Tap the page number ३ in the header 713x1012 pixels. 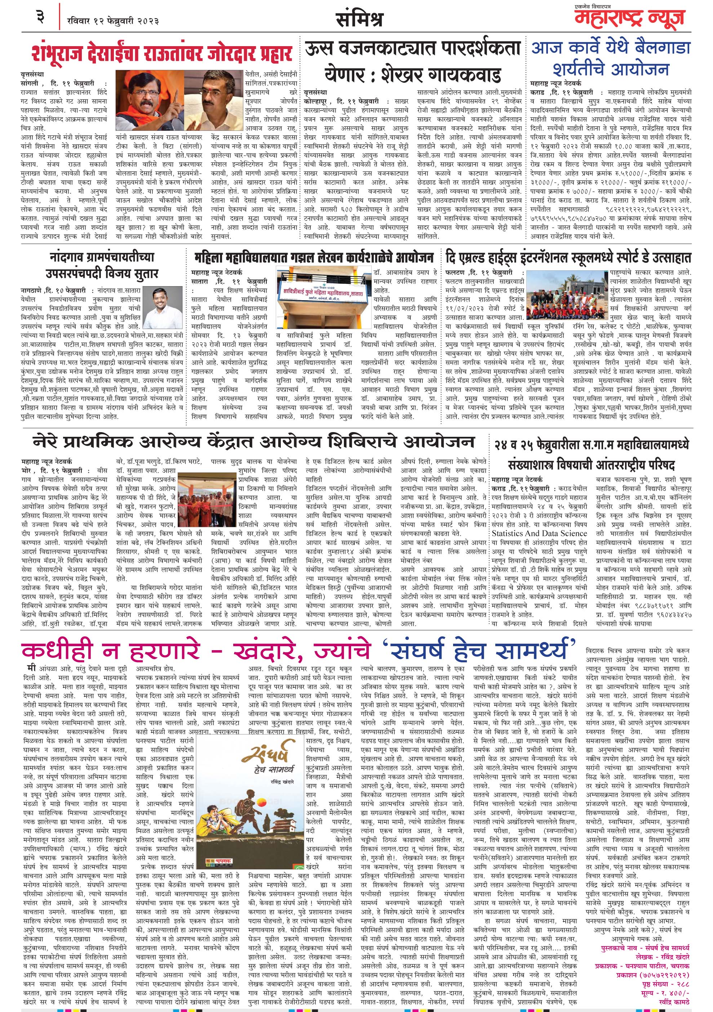point(41,18)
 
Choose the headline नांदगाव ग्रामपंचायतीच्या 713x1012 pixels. point(102,257)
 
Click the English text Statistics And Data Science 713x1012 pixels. point(539,533)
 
